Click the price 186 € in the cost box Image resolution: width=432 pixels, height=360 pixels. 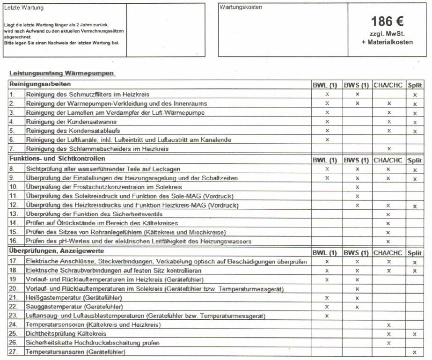pos(387,21)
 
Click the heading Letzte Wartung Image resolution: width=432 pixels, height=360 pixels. pos(22,8)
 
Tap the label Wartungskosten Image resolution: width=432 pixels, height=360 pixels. pos(241,7)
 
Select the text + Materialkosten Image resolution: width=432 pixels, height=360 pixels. pos(387,42)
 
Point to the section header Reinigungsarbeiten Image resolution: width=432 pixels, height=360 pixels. pos(40,84)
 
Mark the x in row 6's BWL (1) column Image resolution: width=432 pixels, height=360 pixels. pos(327,140)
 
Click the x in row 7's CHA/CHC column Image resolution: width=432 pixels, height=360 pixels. pos(388,149)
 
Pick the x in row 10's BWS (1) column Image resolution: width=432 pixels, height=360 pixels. pos(357,187)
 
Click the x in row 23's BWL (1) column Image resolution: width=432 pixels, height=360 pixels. pos(327,316)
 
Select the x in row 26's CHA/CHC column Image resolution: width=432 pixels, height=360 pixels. pos(388,343)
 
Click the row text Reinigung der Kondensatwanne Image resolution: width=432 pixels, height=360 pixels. pos(72,122)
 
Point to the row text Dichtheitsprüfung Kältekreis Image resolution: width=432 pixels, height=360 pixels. pos(66,334)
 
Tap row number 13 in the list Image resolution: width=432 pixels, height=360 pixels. pos(13,214)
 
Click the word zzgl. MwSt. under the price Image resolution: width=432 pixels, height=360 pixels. pos(387,34)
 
